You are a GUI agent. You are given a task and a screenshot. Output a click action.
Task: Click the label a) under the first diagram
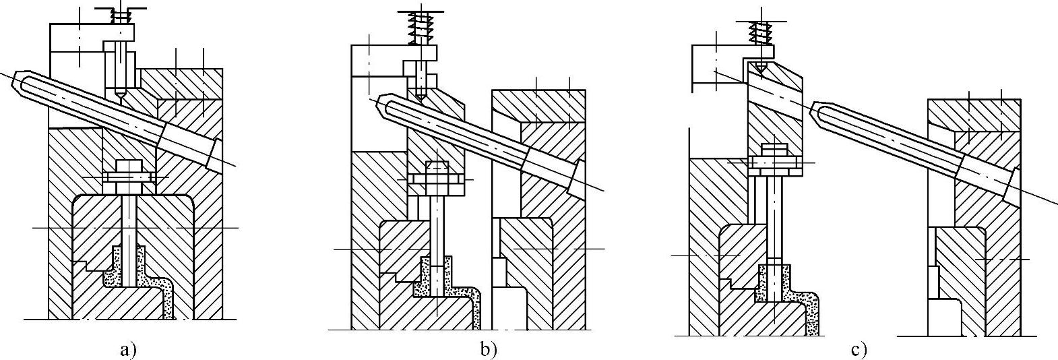click(128, 350)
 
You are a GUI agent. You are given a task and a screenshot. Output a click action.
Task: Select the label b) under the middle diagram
click(489, 350)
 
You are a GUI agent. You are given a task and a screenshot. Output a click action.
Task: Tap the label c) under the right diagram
click(859, 350)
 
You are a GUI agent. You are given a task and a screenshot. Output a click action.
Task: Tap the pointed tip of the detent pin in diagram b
click(420, 97)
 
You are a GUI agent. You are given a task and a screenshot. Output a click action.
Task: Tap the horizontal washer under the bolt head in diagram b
click(435, 179)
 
